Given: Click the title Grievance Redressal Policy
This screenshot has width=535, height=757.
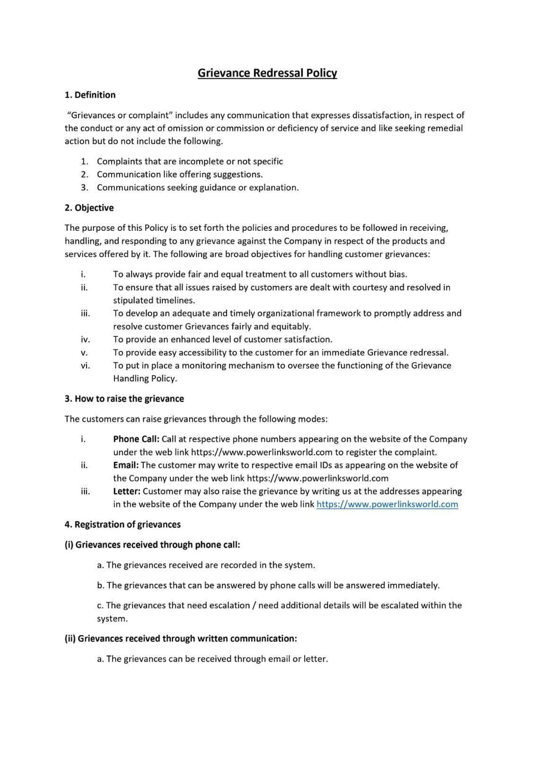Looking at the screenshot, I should point(267,73).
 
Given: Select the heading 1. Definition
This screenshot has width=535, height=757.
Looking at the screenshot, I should point(90,95).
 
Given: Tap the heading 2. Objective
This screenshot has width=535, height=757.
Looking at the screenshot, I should point(89,208).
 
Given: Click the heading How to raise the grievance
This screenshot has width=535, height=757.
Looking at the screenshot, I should point(129,399).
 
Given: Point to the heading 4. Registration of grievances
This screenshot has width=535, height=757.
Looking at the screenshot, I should point(123,525).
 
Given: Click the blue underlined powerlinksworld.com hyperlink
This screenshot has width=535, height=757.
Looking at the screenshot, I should point(387,504).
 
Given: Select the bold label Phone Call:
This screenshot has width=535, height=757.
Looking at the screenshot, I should point(136,439).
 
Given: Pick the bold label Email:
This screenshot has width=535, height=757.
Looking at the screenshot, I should point(126,465).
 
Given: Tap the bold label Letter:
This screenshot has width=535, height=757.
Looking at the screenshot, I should point(127,491).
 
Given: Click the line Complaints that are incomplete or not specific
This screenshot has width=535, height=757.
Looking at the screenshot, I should point(190,161).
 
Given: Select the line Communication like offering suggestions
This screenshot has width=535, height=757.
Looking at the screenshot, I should point(180,175).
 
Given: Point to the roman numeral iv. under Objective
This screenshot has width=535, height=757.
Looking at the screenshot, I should point(85,340).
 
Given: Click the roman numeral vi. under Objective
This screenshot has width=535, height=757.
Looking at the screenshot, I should point(85,366).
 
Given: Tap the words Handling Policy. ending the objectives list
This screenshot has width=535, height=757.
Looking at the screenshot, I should point(145,378).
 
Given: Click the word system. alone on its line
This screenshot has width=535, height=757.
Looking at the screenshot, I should point(112,619).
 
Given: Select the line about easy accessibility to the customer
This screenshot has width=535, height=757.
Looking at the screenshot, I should point(281,352).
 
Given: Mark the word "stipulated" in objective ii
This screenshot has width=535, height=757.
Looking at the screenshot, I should point(133,300).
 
